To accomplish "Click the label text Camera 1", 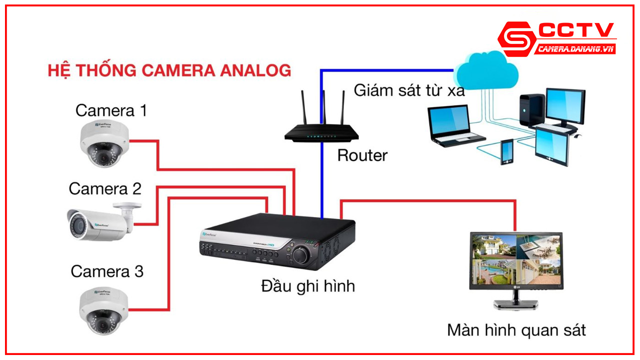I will pos(111,110).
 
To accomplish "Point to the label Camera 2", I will pos(105,189).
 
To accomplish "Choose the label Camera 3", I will pos(107,271).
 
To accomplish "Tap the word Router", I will pos(362,155).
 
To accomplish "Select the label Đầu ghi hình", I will pos(308,286).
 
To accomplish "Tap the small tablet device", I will pos(507,151).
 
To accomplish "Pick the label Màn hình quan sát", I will pos(516,330).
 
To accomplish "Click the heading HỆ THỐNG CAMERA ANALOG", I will pos(169,70).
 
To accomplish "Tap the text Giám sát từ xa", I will pos(409,90).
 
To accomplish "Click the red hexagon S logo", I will pos(515,39).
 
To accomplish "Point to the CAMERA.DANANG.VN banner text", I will pos(575,49).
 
